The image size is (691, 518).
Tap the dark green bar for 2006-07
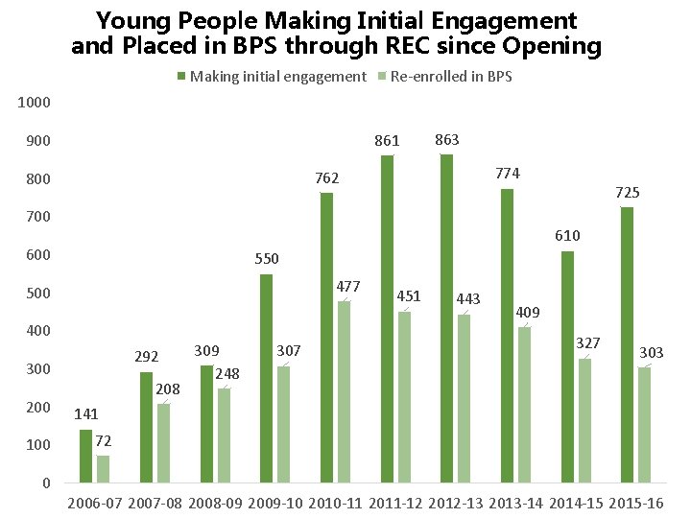click(x=85, y=456)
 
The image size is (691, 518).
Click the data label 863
click(x=447, y=140)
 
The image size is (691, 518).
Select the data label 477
click(x=347, y=286)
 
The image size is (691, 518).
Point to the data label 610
click(x=567, y=236)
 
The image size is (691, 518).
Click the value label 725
click(x=627, y=193)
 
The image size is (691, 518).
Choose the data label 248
click(x=226, y=372)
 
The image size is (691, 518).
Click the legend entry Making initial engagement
click(x=278, y=77)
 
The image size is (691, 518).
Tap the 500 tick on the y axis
click(x=38, y=293)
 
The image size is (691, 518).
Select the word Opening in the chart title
click(x=554, y=45)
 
